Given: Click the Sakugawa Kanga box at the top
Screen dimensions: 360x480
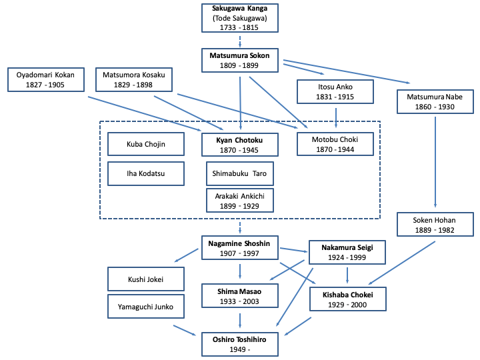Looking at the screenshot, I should [x=240, y=18].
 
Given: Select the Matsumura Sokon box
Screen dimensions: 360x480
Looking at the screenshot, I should [x=240, y=61].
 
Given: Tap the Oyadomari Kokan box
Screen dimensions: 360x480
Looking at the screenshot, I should [x=46, y=80].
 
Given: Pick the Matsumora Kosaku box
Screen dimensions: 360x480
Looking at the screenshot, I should [x=135, y=80].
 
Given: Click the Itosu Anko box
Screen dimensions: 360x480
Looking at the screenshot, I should [x=335, y=92].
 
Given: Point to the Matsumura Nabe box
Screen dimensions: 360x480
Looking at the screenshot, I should [x=435, y=102].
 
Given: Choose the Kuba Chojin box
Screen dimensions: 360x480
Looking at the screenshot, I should [x=146, y=144].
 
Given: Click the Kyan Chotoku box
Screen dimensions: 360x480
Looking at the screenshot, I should [x=240, y=145].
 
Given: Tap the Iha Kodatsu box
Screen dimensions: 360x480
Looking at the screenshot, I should [x=146, y=173].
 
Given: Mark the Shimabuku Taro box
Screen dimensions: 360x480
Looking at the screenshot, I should [x=240, y=173].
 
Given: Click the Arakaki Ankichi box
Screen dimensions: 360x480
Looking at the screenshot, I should [x=240, y=201].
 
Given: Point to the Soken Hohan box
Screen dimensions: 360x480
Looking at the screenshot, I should [x=435, y=224].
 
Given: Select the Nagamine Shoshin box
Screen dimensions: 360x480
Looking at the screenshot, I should [x=240, y=248].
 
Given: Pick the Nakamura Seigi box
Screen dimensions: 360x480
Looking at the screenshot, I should [x=347, y=252].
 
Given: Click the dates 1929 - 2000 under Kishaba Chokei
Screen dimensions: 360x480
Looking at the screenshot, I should [x=347, y=305].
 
